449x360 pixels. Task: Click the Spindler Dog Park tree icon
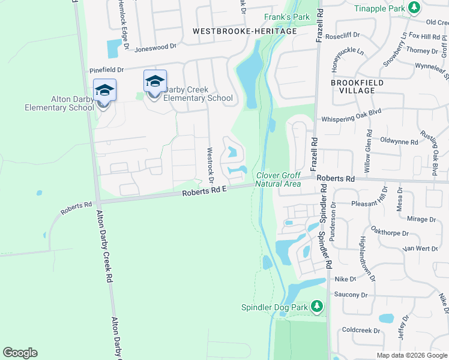(317, 307)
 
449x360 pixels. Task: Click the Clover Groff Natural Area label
(278, 179)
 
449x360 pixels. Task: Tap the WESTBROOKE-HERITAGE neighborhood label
(244, 31)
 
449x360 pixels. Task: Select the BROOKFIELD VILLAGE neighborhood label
(353, 85)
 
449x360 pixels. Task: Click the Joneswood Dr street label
(156, 46)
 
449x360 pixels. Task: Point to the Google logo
(20, 353)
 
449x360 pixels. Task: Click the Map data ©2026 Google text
(412, 355)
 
